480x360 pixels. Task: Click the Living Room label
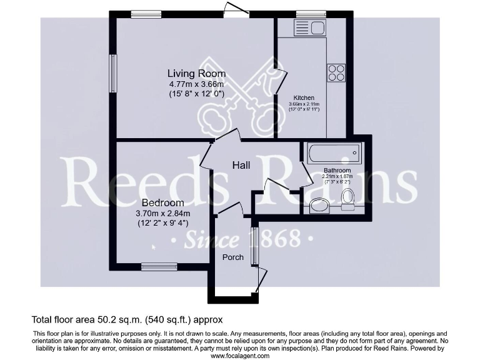coord(196,74)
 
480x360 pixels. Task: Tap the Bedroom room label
coord(162,203)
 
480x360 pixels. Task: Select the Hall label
coord(241,165)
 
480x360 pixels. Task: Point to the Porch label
coord(233,257)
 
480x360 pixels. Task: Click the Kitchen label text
coord(304,98)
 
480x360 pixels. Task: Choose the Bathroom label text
coord(337,170)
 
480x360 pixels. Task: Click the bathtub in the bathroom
coord(334,153)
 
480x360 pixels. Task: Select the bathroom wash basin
coord(319,205)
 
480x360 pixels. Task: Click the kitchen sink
coord(309,27)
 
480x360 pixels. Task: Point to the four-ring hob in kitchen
coord(336,73)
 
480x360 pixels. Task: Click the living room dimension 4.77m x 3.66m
coord(196,84)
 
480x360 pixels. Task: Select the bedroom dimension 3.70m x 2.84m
coord(162,213)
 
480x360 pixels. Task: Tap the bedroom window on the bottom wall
coord(159,267)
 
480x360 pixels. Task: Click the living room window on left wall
coord(113,74)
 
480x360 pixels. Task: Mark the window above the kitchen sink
coord(311,14)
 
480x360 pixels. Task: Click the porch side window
coord(254,246)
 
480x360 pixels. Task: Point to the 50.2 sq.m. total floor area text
coord(127,319)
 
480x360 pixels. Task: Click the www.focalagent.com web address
coord(240,356)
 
